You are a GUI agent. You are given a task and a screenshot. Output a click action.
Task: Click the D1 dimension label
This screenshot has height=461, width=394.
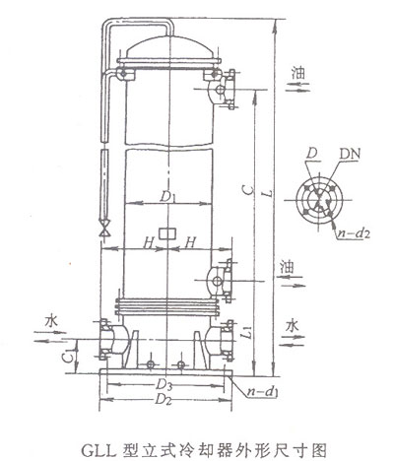point(168,197)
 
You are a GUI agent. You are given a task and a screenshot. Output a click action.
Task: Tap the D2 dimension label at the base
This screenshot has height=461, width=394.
point(164,400)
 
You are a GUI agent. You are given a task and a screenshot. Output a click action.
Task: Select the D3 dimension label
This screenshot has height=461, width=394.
point(164,384)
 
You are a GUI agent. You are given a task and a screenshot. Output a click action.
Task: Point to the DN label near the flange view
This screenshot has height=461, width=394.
point(350,153)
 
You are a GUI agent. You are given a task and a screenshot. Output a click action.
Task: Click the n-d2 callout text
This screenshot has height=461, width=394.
point(354,233)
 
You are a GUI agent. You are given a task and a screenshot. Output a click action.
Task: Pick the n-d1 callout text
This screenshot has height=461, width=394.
point(263,392)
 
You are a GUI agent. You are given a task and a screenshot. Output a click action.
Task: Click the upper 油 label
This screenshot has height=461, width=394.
point(297,73)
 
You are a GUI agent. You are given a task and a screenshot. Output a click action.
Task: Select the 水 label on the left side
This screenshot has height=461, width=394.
point(51,321)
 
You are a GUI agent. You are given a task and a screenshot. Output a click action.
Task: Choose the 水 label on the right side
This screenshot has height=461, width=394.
point(292,326)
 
